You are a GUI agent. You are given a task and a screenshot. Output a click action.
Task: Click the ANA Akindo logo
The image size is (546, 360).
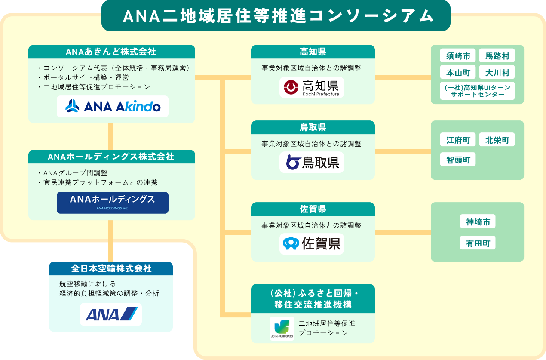pos(113,106)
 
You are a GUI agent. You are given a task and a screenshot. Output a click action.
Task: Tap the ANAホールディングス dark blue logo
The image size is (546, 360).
pos(113,203)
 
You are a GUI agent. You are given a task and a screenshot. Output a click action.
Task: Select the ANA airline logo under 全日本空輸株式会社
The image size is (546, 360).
pos(111,314)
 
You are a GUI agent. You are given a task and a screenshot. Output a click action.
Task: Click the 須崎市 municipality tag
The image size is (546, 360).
pos(458,56)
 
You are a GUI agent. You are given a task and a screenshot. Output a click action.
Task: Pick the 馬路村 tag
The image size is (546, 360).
pos(497,56)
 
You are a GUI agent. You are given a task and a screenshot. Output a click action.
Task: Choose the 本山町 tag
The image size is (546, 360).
pos(458,72)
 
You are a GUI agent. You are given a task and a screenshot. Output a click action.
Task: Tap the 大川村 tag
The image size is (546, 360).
pos(497,72)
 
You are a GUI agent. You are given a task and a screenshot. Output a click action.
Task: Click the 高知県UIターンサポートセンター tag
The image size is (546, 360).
pos(478,91)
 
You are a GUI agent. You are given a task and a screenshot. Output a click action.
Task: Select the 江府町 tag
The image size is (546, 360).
pos(458,140)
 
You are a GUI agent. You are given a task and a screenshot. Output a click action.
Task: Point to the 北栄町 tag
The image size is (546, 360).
pos(497,140)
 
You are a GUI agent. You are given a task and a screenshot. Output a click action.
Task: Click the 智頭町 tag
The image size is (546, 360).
pos(458,160)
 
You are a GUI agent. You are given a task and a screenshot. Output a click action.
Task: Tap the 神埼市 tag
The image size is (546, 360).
pos(478,222)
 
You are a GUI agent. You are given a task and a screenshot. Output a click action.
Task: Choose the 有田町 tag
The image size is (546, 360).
pos(478,243)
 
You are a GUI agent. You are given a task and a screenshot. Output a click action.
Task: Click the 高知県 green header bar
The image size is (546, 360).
pos(313,52)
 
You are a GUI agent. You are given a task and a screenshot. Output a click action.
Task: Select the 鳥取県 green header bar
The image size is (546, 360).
pos(313,127)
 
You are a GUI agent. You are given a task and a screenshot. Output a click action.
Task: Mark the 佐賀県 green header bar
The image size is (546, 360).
pos(313,209)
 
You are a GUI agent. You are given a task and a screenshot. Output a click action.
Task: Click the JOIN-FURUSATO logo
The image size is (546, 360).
pos(282,329)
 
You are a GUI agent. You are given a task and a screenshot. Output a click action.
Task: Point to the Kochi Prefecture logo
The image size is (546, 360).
pos(312,87)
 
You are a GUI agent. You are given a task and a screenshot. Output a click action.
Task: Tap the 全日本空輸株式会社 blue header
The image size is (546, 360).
pos(111,268)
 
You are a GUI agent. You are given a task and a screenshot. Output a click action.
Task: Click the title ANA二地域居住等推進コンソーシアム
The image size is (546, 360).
pos(276,16)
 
